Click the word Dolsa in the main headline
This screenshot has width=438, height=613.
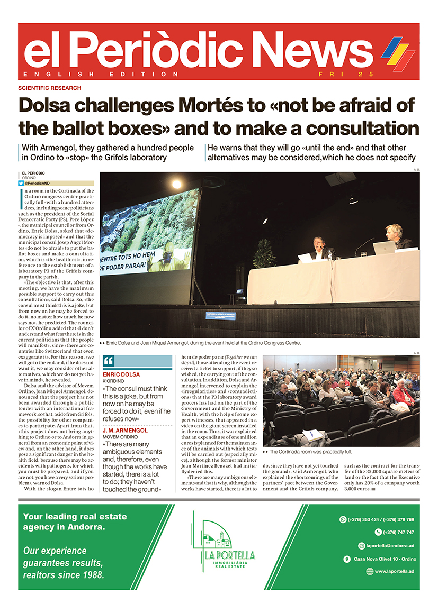53,105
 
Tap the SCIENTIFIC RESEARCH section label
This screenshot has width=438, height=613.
49,88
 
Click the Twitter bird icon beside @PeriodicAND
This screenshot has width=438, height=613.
21,183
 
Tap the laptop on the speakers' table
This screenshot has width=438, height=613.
384,248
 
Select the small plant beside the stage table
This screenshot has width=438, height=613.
263,254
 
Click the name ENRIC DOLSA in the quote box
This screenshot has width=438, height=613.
121,374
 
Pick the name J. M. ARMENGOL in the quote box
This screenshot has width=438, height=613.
126,431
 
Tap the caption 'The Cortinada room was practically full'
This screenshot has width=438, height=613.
310,452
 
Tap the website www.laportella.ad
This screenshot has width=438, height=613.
394,571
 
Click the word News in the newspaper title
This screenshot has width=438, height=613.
310,51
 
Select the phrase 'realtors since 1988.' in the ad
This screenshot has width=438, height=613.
64,574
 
